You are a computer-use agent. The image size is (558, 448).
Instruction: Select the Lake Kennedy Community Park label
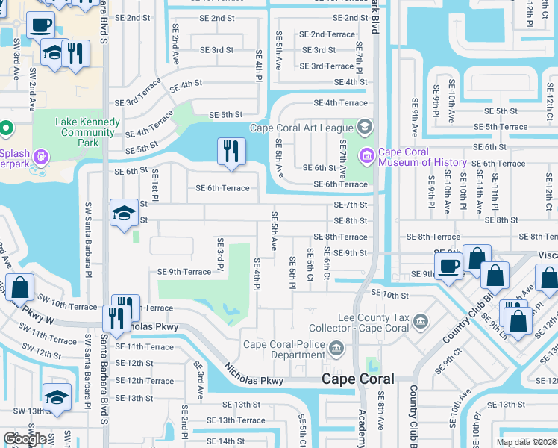[x=87, y=132]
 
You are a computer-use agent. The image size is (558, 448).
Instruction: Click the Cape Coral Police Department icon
[x=336, y=348]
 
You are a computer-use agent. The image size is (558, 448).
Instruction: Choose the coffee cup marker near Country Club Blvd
[x=449, y=266]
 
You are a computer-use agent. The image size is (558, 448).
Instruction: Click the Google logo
[x=25, y=438]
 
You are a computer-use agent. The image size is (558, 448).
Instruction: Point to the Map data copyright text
[x=526, y=442]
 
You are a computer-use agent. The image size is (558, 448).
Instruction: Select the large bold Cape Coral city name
[x=357, y=379]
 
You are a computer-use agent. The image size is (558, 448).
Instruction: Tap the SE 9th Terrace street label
[x=184, y=272]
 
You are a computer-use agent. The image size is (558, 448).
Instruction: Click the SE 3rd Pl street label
[x=221, y=255]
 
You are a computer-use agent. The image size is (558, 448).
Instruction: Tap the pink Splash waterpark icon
[x=41, y=158]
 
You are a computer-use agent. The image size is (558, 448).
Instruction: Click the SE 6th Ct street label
[x=327, y=266]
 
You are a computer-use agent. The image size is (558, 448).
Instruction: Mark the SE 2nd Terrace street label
[x=327, y=34]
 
